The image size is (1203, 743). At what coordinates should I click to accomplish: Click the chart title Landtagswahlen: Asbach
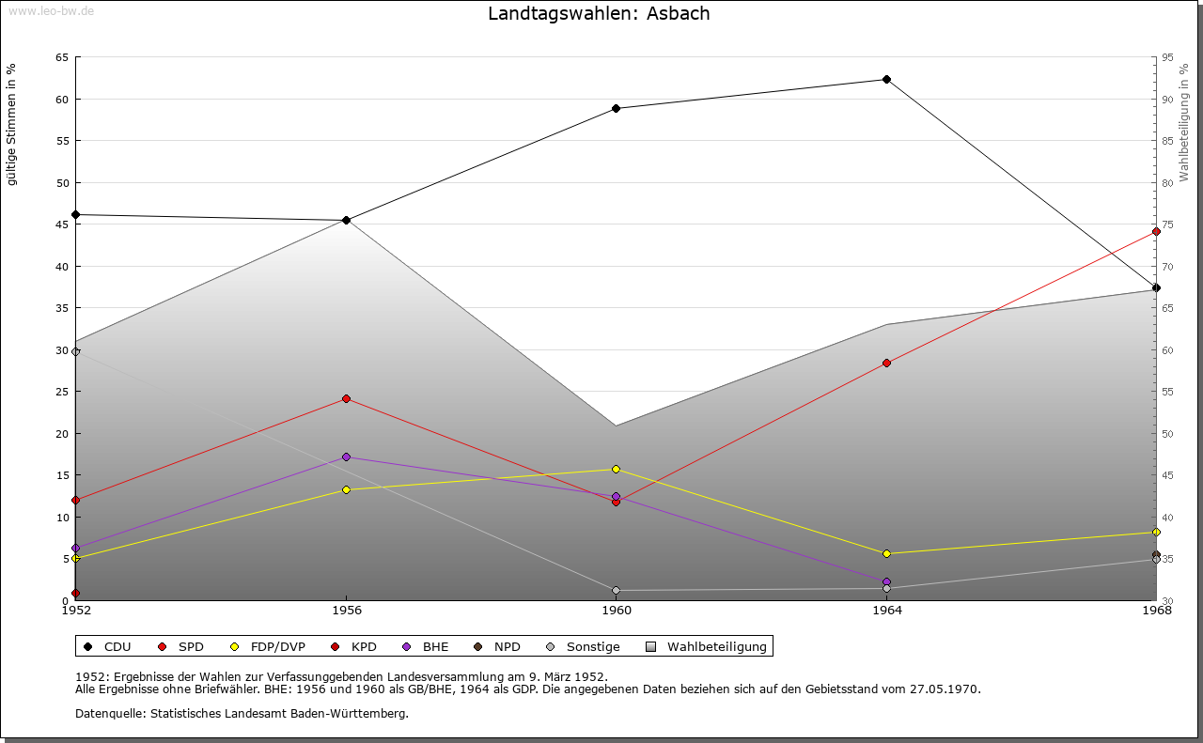tap(599, 14)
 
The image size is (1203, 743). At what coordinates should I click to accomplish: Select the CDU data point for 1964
tap(886, 80)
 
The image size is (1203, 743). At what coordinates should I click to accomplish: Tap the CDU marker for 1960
tap(617, 109)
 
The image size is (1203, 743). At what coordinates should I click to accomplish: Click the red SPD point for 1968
tap(1156, 231)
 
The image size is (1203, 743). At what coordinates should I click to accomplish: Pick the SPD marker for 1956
tap(347, 399)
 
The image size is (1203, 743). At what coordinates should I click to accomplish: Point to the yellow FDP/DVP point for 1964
tap(886, 554)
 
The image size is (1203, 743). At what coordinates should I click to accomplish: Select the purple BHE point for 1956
tap(347, 457)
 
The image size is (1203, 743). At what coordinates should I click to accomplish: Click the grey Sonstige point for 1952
tap(76, 352)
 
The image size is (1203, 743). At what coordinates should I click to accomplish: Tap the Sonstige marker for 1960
tap(617, 591)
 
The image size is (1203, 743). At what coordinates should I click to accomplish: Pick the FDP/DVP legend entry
tap(271, 647)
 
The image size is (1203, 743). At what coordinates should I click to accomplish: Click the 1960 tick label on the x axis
tap(617, 611)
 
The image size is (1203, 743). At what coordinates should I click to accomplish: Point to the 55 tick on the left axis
tap(62, 141)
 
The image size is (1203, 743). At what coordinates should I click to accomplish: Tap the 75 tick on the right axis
tap(1167, 224)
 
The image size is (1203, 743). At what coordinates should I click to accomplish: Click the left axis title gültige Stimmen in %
tap(12, 125)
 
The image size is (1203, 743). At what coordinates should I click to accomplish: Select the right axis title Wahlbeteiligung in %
tap(1184, 123)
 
